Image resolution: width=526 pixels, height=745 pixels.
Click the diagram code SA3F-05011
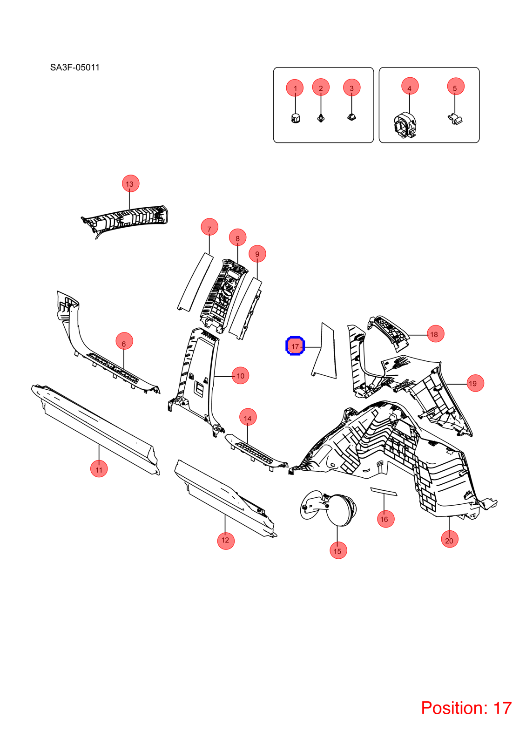pyautogui.click(x=75, y=68)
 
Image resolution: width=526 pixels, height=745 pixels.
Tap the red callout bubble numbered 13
pyautogui.click(x=130, y=183)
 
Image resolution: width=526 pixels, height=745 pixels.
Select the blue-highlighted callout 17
pyautogui.click(x=295, y=346)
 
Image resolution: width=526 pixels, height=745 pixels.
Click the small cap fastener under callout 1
pyautogui.click(x=295, y=118)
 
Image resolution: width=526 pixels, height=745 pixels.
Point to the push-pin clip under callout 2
pyautogui.click(x=321, y=118)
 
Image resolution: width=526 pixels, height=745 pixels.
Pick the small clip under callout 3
pyautogui.click(x=351, y=117)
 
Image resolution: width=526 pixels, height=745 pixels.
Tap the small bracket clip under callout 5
pyautogui.click(x=456, y=119)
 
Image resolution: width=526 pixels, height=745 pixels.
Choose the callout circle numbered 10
pyautogui.click(x=240, y=375)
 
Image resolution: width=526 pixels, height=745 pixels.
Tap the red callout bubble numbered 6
pyautogui.click(x=124, y=341)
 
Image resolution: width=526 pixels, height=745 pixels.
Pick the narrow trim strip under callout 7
pyautogui.click(x=195, y=282)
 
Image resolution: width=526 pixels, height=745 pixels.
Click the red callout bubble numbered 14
pyautogui.click(x=248, y=417)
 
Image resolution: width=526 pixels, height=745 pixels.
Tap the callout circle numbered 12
pyautogui.click(x=226, y=541)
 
